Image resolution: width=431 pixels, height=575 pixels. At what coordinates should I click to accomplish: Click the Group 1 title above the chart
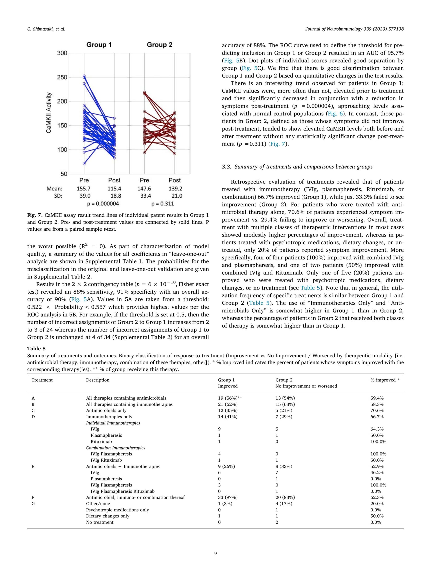99,45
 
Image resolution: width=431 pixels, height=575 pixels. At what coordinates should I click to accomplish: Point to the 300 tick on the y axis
62,53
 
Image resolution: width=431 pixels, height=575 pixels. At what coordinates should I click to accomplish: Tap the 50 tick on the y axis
64,174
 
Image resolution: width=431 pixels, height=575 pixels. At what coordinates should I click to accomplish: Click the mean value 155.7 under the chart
84,188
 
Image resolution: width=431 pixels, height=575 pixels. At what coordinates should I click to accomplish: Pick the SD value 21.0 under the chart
177,196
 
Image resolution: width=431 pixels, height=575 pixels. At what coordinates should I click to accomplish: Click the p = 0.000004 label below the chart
103,204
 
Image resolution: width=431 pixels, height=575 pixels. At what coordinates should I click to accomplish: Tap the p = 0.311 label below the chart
163,204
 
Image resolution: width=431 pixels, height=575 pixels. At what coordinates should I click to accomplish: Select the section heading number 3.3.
226,167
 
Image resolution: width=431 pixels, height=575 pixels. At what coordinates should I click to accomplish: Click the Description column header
98,380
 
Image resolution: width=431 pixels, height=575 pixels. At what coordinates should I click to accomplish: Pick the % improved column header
385,380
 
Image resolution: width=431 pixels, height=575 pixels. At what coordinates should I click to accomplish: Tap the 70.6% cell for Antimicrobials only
377,410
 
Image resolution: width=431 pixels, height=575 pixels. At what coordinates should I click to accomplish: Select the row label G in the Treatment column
33,504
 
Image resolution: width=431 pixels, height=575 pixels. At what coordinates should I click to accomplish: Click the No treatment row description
100,522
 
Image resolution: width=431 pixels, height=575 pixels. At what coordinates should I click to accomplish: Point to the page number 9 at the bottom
215,561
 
